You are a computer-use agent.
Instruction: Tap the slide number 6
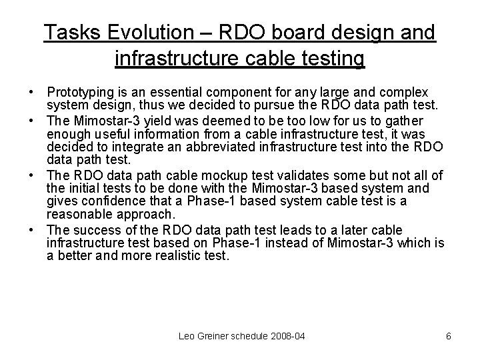click(x=449, y=337)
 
